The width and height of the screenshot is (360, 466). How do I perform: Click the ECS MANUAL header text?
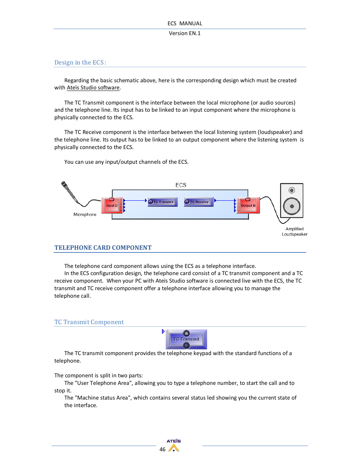pyautogui.click(x=185, y=23)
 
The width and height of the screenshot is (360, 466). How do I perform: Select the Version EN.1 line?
pyautogui.click(x=185, y=33)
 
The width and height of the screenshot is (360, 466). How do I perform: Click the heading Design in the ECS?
pyautogui.click(x=80, y=63)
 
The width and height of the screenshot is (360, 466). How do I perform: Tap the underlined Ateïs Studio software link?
pyautogui.click(x=93, y=88)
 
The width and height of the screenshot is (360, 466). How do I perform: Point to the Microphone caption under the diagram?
pyautogui.click(x=85, y=214)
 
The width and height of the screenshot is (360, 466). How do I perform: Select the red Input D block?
pyautogui.click(x=112, y=206)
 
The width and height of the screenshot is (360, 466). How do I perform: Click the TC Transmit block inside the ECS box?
pyautogui.click(x=163, y=202)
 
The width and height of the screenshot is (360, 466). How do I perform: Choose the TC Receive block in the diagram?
pyautogui.click(x=199, y=202)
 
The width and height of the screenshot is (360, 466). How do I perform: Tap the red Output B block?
pyautogui.click(x=248, y=206)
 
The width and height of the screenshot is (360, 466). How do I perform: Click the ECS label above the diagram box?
pyautogui.click(x=181, y=185)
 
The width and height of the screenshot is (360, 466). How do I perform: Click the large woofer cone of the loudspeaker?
pyautogui.click(x=292, y=206)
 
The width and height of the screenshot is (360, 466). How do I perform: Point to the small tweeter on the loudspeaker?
pyautogui.click(x=292, y=190)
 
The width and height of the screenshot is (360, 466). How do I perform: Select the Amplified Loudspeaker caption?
pyautogui.click(x=294, y=232)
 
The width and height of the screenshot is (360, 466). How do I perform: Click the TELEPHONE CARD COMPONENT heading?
pyautogui.click(x=103, y=248)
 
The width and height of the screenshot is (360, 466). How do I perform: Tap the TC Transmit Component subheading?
pyautogui.click(x=89, y=322)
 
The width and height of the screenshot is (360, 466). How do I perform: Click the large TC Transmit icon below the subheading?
pyautogui.click(x=186, y=339)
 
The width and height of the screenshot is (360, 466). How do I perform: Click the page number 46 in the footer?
pyautogui.click(x=162, y=449)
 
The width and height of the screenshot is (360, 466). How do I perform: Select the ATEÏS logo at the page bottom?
pyautogui.click(x=174, y=445)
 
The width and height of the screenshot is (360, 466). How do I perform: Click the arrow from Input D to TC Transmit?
pyautogui.click(x=135, y=200)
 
